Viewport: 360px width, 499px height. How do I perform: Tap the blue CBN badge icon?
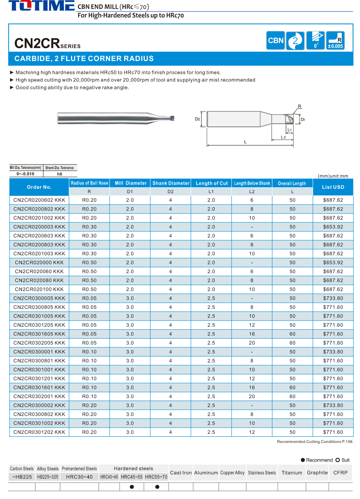(276, 41)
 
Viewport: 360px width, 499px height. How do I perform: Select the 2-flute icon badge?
(295, 41)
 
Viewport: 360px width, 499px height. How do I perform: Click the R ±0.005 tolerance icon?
(335, 41)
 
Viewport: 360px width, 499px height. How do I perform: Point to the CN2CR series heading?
(47, 43)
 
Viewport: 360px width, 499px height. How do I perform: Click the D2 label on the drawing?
(198, 119)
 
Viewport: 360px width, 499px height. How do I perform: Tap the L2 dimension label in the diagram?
(283, 137)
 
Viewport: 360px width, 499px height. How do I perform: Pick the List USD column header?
(333, 187)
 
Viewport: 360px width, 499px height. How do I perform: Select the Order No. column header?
(39, 187)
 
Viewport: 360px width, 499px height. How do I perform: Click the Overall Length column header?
(292, 183)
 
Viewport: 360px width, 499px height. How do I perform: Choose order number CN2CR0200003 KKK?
(39, 227)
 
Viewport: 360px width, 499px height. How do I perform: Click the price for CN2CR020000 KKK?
(333, 263)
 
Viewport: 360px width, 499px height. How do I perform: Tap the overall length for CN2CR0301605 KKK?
(292, 334)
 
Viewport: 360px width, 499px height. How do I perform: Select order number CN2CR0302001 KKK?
(39, 396)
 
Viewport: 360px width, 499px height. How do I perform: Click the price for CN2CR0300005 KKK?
(333, 298)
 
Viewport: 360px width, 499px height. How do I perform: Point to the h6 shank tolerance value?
(60, 174)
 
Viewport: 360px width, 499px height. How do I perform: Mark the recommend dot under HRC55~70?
(157, 487)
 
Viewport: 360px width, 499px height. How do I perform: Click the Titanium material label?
(291, 472)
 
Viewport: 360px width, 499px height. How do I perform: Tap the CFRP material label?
(340, 472)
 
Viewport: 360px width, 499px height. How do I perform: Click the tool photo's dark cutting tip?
(172, 118)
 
